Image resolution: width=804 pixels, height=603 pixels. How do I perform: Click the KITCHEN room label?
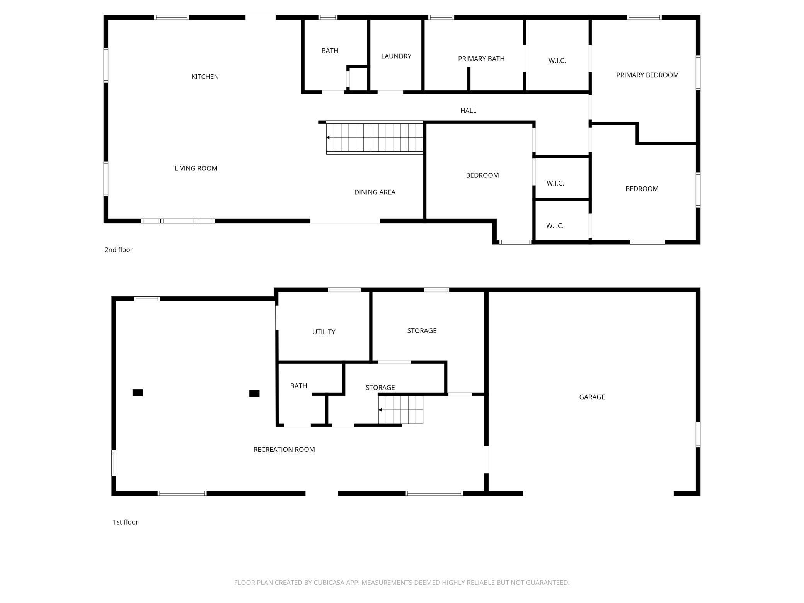(x=205, y=77)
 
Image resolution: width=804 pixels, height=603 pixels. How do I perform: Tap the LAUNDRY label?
(x=396, y=56)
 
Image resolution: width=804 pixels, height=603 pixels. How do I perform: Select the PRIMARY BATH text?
(x=481, y=59)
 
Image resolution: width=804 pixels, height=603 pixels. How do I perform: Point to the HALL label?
(x=468, y=111)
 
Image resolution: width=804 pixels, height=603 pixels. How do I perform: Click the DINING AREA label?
(x=375, y=192)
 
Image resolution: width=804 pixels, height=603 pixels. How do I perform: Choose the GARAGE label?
(x=591, y=397)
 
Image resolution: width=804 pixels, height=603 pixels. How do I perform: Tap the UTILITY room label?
(x=324, y=332)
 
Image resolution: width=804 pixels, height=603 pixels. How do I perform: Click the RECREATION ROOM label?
(x=284, y=449)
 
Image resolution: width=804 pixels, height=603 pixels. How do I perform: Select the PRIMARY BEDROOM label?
(x=647, y=75)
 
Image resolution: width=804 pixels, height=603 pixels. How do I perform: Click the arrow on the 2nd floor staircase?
(x=328, y=138)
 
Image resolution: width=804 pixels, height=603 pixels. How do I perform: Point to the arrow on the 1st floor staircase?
(x=380, y=410)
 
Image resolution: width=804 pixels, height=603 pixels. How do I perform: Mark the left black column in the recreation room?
(x=138, y=393)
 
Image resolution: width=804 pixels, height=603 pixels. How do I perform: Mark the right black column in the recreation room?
(x=254, y=393)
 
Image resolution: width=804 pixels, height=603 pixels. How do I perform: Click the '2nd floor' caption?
(x=118, y=250)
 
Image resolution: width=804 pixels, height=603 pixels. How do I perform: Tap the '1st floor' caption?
(x=125, y=522)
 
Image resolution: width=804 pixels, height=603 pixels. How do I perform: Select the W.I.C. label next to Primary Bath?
(x=557, y=61)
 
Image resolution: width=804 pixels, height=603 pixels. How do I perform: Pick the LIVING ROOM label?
(x=196, y=168)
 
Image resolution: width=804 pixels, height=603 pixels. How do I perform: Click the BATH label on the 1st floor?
(x=298, y=386)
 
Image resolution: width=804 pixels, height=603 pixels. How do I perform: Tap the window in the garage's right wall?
(x=698, y=435)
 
